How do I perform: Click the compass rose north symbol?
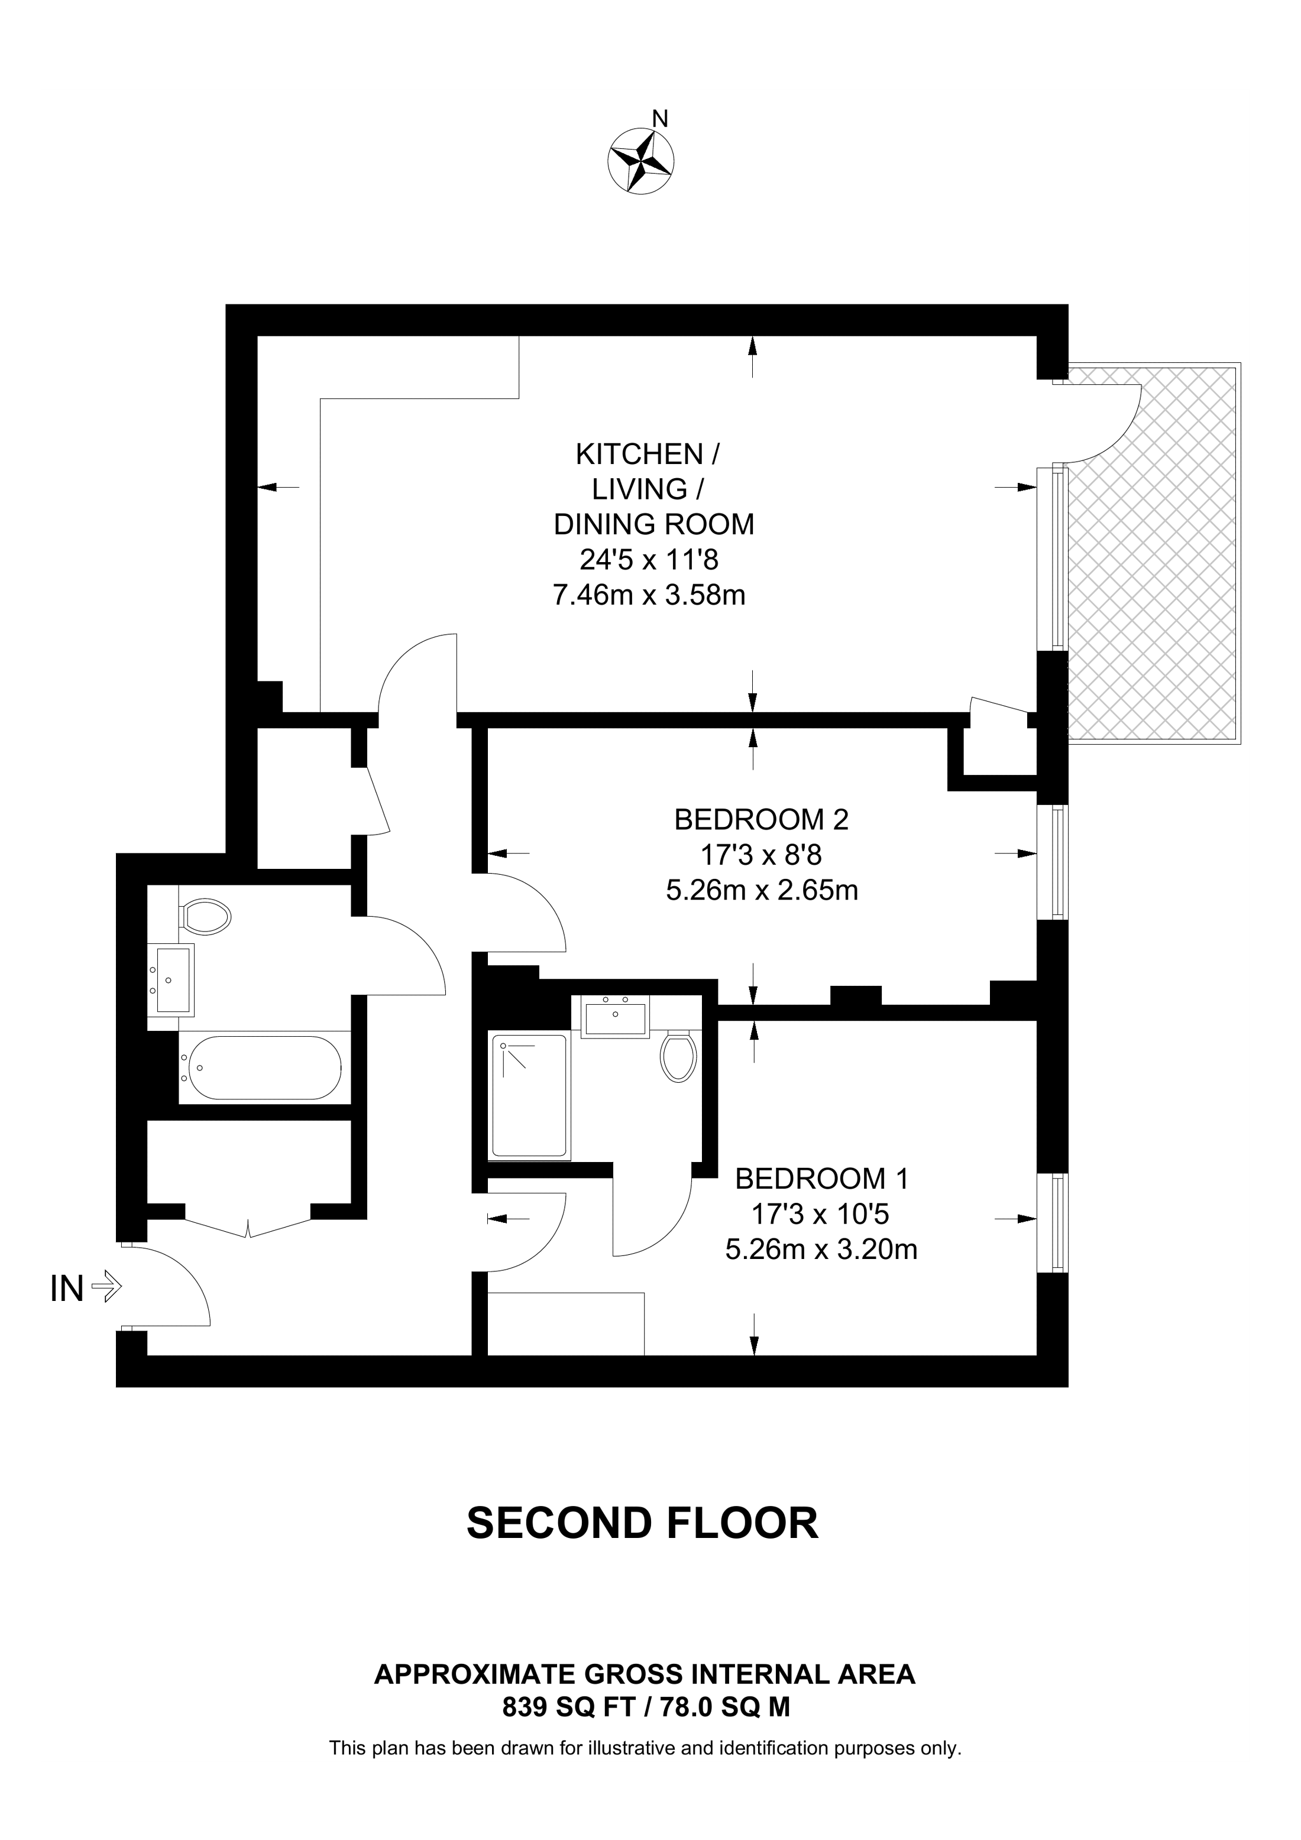(640, 161)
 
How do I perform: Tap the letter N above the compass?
(660, 119)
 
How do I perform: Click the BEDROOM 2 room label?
(762, 820)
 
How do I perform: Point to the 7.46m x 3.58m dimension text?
(649, 595)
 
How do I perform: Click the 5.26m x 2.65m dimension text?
(762, 890)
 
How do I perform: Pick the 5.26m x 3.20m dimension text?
(821, 1250)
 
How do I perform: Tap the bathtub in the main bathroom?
(261, 1067)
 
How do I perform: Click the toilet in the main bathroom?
(205, 915)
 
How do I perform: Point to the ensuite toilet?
(678, 1056)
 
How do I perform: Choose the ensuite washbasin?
(616, 1016)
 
